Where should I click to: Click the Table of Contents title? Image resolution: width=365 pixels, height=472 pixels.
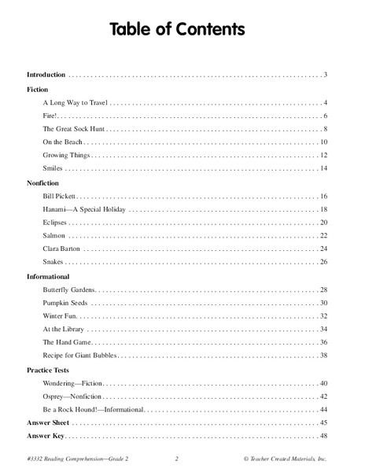click(182, 29)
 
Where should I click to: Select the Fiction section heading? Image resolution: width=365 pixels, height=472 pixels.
click(38, 90)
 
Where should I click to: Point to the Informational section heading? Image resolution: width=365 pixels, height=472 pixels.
click(49, 277)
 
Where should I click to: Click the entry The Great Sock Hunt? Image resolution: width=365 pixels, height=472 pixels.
click(75, 128)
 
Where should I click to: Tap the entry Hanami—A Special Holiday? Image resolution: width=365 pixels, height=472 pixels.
click(84, 210)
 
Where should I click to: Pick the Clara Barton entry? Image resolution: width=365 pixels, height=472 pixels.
click(61, 248)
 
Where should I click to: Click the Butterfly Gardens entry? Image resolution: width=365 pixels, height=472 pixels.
click(69, 290)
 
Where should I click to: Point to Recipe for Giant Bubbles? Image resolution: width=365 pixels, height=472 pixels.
click(82, 356)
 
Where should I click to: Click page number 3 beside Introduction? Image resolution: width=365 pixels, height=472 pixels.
click(324, 75)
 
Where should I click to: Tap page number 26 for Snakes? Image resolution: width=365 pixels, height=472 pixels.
click(323, 261)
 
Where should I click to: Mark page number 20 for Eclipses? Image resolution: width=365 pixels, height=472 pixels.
click(323, 223)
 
